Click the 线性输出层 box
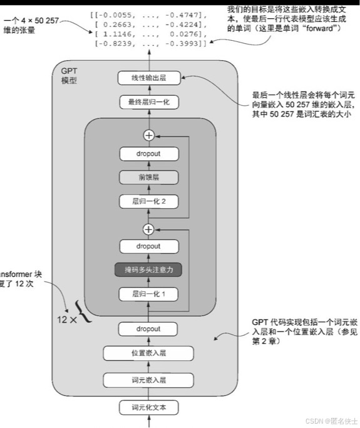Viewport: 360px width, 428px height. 148,79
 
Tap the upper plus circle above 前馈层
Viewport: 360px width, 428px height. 148,134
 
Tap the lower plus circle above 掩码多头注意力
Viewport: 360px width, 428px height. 148,229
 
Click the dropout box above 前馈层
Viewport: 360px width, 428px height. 148,154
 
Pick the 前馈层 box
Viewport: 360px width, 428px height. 148,177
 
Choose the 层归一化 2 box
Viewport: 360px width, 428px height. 148,201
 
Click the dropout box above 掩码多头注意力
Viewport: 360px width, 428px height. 148,247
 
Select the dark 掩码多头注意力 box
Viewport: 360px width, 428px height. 148,270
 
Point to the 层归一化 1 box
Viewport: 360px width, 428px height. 148,294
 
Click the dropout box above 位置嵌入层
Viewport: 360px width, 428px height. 148,329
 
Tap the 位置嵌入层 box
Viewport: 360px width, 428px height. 148,353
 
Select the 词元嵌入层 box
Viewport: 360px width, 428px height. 148,379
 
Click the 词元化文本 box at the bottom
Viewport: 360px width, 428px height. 148,408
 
